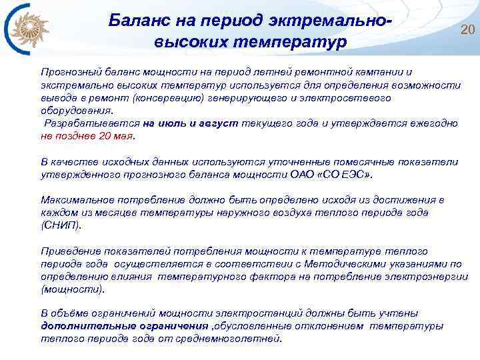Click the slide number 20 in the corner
[x=467, y=29]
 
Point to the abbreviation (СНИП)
[x=61, y=225]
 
